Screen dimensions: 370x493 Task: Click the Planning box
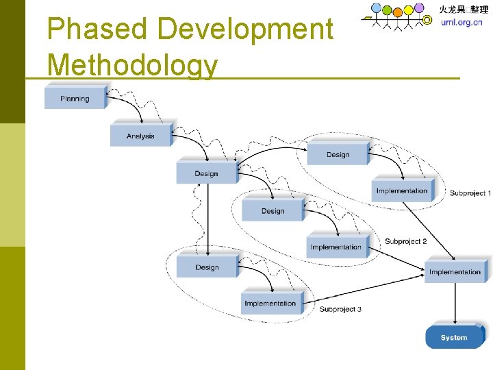75,99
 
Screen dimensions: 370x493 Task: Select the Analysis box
140,136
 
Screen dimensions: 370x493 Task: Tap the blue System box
454,337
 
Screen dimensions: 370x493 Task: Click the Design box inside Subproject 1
338,155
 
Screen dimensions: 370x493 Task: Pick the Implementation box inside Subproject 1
402,191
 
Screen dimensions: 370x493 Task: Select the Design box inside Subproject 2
273,211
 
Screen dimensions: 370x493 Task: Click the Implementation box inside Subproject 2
336,247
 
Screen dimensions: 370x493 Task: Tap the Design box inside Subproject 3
206,267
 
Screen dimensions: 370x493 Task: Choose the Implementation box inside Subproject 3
270,304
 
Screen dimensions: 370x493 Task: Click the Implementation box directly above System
455,272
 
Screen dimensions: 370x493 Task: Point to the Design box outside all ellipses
206,173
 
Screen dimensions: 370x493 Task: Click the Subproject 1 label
470,193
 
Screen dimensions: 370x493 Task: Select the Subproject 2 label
405,241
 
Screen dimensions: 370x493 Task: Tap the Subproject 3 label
340,310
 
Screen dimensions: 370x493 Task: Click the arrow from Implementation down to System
454,303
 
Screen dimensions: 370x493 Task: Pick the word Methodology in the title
133,66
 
